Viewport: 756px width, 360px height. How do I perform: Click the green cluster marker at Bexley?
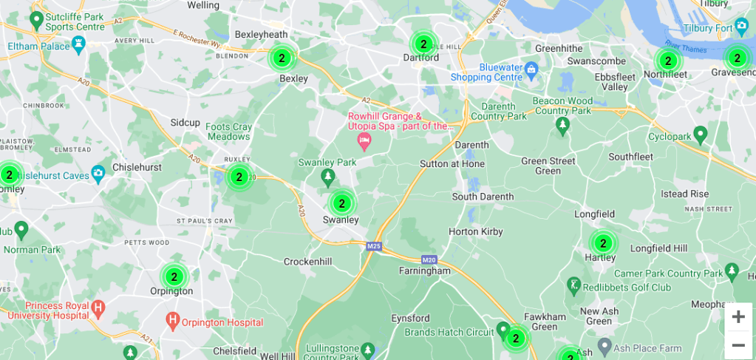281,58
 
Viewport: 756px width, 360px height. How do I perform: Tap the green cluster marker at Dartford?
423,44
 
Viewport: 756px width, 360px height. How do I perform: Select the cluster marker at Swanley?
341,203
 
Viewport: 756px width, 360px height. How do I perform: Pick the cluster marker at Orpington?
174,277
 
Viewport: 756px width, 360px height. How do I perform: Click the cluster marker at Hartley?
603,242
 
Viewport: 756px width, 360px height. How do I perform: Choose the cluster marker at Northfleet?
667,61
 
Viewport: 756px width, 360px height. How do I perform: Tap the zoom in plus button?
738,317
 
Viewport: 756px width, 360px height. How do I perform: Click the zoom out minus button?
738,345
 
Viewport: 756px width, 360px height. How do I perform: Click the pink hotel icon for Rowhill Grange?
364,140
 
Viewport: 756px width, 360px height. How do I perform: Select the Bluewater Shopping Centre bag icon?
531,69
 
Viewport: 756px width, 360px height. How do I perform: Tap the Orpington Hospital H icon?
173,321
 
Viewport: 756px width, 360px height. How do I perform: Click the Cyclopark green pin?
700,134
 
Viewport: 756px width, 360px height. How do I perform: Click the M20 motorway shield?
429,259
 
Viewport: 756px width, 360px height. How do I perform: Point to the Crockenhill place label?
308,262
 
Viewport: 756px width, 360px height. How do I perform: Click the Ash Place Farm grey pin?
604,345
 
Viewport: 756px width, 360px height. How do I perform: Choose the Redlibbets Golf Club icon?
573,285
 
